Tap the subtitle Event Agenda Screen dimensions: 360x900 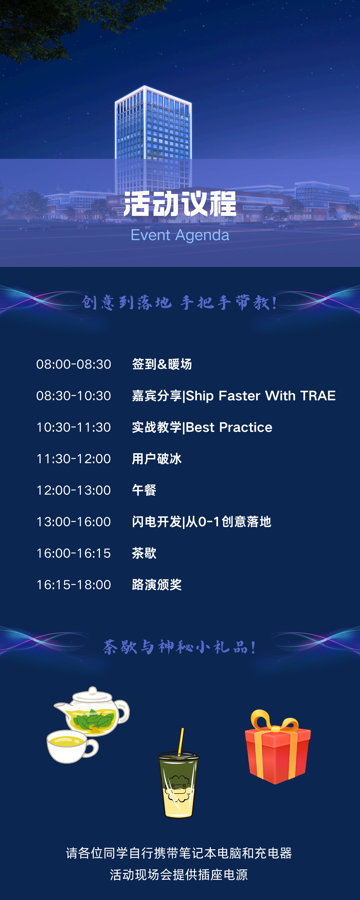(180, 235)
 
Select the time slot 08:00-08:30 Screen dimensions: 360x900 (74, 364)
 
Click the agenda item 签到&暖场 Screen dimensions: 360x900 (162, 364)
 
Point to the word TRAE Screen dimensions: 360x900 (318, 395)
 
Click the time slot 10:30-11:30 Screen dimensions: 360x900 (74, 427)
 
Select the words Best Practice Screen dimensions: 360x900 (229, 427)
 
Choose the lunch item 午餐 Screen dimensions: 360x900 (144, 490)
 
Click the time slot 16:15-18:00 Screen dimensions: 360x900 (74, 584)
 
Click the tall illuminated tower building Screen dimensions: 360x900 (153, 140)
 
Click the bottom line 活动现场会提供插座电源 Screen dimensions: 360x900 (179, 874)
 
